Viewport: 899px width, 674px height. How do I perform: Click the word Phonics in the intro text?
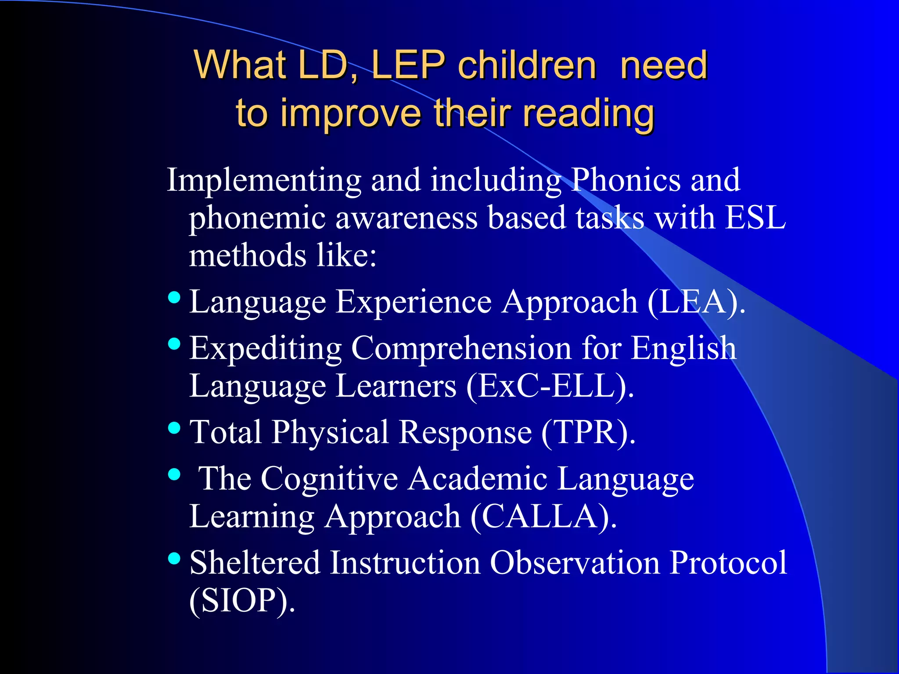coord(626,180)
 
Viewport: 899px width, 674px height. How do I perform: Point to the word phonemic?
coord(257,218)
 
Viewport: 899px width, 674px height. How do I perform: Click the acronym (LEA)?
coord(696,302)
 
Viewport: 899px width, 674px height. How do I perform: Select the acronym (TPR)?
coord(588,432)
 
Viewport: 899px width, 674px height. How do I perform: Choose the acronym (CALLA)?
coord(543,516)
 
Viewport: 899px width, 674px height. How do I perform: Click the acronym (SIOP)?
coord(242,600)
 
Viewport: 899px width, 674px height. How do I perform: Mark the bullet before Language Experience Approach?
coord(174,298)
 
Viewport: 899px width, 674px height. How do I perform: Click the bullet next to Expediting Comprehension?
coord(174,344)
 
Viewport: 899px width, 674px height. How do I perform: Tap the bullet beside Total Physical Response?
coord(174,428)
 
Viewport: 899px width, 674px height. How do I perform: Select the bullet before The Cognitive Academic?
coord(174,474)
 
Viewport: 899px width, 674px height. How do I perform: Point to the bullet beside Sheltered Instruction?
coord(174,558)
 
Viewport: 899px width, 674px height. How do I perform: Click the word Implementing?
coord(264,180)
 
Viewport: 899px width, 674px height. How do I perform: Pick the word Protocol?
coord(728,563)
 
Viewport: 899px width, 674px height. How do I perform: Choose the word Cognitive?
coord(329,478)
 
